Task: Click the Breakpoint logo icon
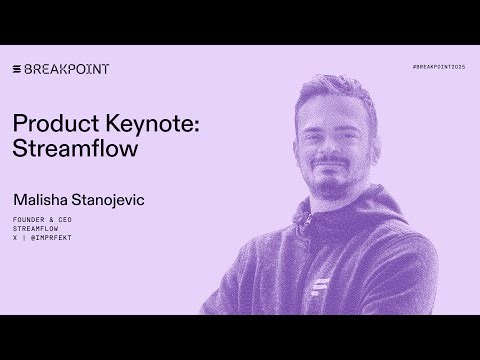click(17, 69)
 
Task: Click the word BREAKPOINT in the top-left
click(67, 69)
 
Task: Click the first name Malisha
click(41, 200)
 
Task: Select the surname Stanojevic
click(109, 200)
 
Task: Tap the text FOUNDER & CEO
click(42, 219)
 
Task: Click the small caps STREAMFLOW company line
click(36, 228)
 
